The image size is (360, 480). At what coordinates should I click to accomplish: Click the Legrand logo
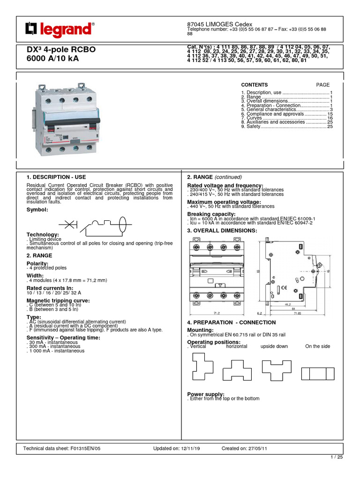59,30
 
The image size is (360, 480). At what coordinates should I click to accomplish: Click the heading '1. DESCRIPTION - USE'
56,177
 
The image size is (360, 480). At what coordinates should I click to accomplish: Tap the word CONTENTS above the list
254,85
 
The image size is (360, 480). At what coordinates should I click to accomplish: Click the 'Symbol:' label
37,210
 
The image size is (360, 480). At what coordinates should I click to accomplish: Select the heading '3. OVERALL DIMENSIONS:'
222,231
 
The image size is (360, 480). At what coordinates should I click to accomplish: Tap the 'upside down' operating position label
274,346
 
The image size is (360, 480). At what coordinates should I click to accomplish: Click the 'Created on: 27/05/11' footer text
244,449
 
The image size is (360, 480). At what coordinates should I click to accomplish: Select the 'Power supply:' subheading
206,394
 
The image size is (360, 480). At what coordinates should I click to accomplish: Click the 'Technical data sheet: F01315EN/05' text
62,449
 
